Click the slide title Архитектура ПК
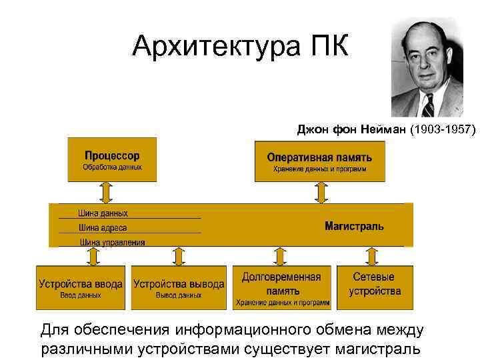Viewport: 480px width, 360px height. [239, 46]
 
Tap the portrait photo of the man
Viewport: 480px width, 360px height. [426, 67]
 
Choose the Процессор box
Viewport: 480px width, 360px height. [112, 159]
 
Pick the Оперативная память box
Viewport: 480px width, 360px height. [319, 161]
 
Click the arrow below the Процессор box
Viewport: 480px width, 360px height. [105, 192]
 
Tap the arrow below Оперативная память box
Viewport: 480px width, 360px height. [321, 193]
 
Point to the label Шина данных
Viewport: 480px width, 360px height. [103, 213]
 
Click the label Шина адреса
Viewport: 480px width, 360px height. [103, 228]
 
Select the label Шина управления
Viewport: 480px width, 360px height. [112, 242]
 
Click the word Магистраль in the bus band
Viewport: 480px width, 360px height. [354, 227]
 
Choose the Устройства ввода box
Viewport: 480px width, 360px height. [81, 287]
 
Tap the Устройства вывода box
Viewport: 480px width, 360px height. [179, 287]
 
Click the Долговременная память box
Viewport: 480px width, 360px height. [281, 287]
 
